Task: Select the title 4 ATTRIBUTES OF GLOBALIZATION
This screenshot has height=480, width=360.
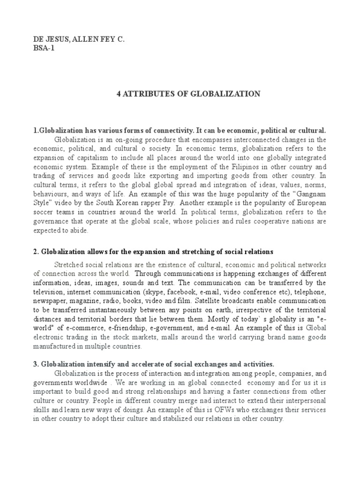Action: coord(188,94)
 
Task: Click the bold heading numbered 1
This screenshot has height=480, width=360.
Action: coord(179,130)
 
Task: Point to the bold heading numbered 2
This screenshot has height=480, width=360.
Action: coord(153,252)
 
